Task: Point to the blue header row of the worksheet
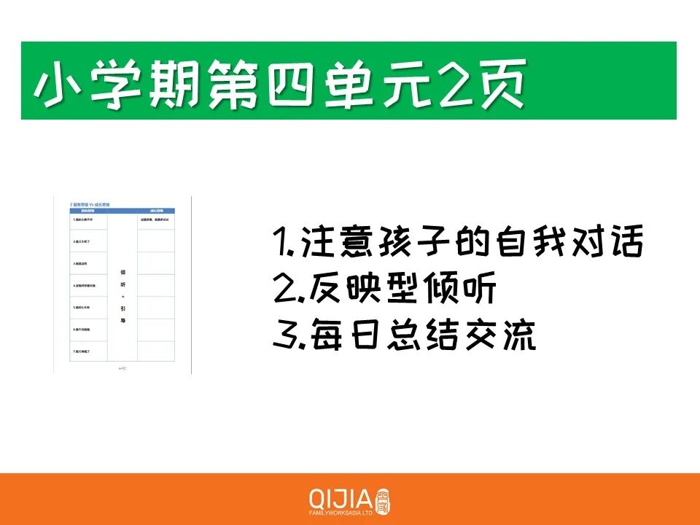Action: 122,209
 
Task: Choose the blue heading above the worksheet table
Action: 94,203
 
